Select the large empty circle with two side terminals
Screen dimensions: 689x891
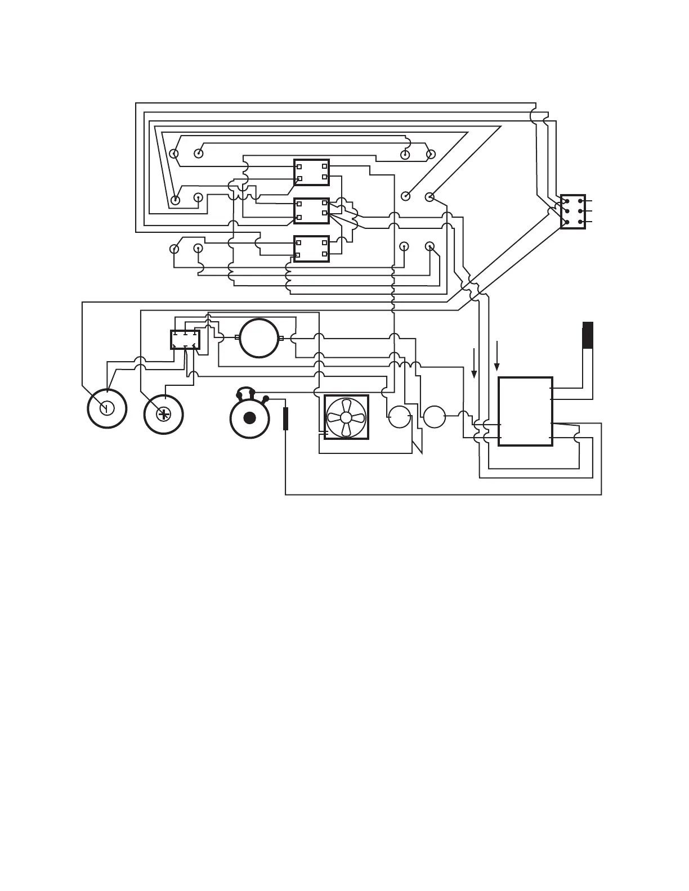pyautogui.click(x=259, y=338)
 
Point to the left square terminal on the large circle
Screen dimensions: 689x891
pyautogui.click(x=237, y=338)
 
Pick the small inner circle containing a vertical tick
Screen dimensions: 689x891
pyautogui.click(x=107, y=408)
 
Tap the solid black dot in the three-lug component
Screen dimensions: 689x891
pyautogui.click(x=249, y=418)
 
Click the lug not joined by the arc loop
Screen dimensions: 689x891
pyautogui.click(x=266, y=398)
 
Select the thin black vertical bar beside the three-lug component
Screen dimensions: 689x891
pyautogui.click(x=285, y=418)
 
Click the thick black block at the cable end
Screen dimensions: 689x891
pyautogui.click(x=588, y=335)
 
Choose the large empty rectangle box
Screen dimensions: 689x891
pyautogui.click(x=525, y=411)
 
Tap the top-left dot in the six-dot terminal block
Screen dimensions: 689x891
pyautogui.click(x=566, y=201)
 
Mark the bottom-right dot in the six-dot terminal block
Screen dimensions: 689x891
pyautogui.click(x=580, y=222)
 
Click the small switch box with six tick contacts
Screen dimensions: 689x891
pyautogui.click(x=185, y=340)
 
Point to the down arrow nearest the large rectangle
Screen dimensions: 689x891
pyautogui.click(x=496, y=355)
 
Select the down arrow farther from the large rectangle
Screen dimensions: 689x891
pyautogui.click(x=475, y=363)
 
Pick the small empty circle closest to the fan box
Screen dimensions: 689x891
pyautogui.click(x=399, y=417)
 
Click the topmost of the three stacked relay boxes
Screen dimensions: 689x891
pyautogui.click(x=311, y=172)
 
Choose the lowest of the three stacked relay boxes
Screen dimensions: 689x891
pyautogui.click(x=311, y=249)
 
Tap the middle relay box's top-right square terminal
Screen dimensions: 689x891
pyautogui.click(x=325, y=203)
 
